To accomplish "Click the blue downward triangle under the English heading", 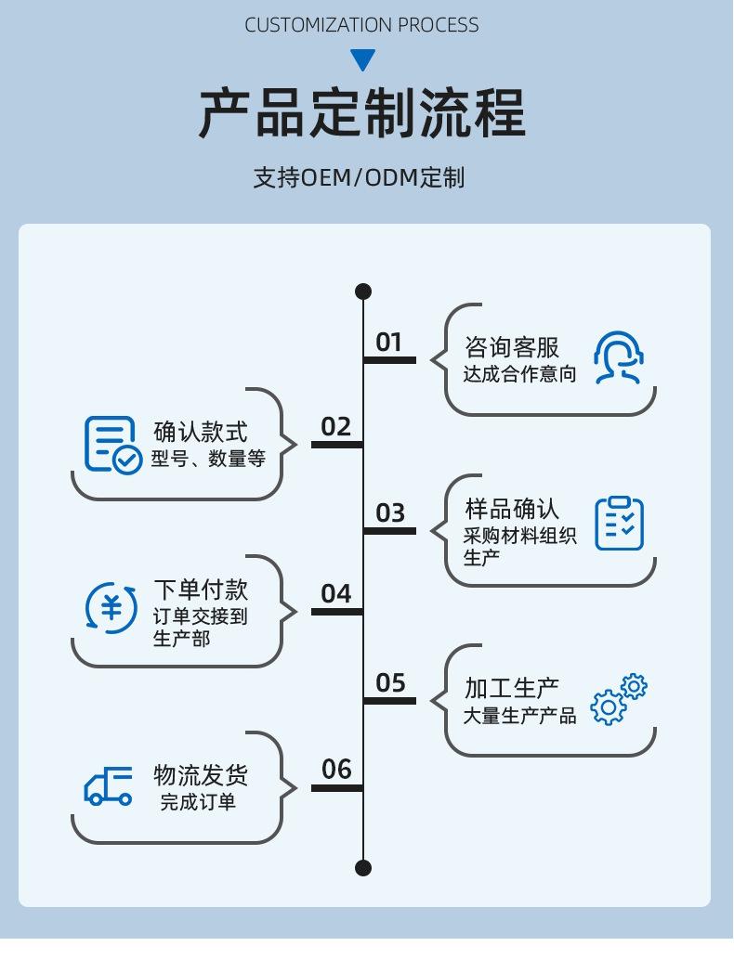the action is tap(362, 60).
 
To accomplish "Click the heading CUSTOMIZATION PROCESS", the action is tap(361, 25).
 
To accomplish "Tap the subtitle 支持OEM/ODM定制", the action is tap(359, 177).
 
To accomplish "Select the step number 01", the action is tap(388, 343).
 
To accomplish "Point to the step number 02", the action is tap(336, 427).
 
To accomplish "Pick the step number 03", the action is tap(390, 513).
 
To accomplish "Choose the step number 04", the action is tap(336, 594).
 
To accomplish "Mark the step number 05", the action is tap(390, 683).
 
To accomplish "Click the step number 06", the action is tap(336, 770).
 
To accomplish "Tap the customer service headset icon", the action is tap(619, 357).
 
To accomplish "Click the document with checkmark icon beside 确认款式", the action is tap(112, 445).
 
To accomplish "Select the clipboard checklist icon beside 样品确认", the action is tap(619, 523).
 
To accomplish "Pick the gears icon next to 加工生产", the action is tap(619, 699).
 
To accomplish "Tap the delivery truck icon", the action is tap(109, 786).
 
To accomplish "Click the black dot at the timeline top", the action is tap(363, 292).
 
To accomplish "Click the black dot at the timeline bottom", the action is tap(363, 868).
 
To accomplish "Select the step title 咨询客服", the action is tap(512, 348).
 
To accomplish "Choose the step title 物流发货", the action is tap(201, 775).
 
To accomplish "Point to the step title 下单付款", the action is tap(201, 590).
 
